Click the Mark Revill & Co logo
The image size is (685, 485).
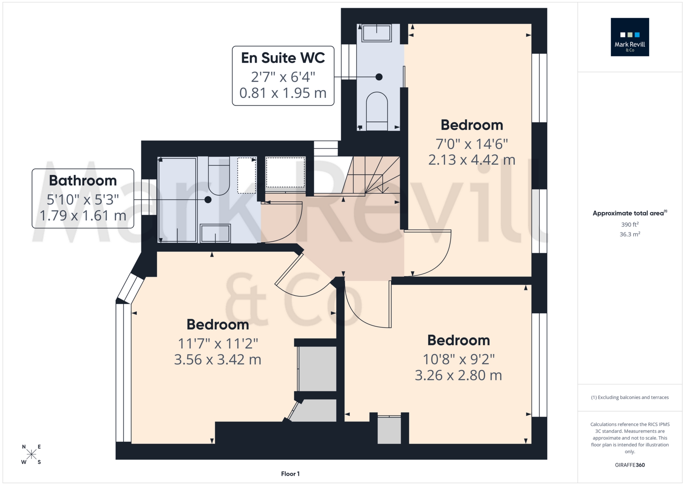click(x=630, y=37)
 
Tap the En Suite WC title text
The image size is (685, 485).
click(x=283, y=58)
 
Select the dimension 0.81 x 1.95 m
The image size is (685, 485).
click(x=283, y=93)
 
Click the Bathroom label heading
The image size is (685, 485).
click(x=83, y=180)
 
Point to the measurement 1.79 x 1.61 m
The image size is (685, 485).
click(x=83, y=216)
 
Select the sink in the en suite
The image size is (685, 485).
click(x=376, y=33)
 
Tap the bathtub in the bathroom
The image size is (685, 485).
click(x=177, y=200)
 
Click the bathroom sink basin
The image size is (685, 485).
click(x=215, y=233)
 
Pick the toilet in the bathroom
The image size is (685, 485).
click(x=219, y=176)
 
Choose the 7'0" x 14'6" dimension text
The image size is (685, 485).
click(x=472, y=144)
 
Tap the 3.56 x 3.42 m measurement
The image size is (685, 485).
click(x=218, y=359)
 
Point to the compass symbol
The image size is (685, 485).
click(x=31, y=455)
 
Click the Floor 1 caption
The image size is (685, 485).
click(x=290, y=474)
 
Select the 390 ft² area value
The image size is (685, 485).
click(x=630, y=224)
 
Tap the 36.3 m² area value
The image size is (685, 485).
click(x=630, y=234)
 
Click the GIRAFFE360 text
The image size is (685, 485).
click(x=630, y=465)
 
